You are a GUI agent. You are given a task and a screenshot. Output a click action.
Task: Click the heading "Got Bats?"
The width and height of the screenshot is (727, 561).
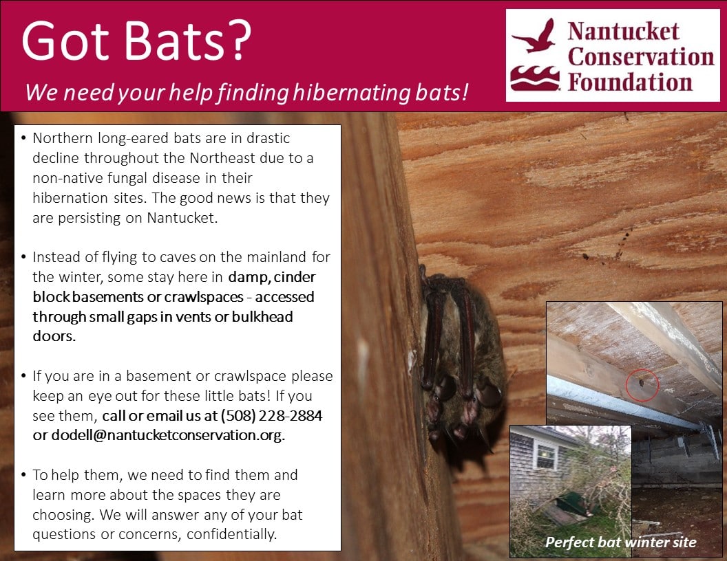click(x=136, y=41)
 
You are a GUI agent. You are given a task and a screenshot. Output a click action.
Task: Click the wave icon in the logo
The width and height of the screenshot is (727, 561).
click(x=535, y=78)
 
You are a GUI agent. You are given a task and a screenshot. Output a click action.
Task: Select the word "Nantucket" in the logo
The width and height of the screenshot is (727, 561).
click(x=624, y=32)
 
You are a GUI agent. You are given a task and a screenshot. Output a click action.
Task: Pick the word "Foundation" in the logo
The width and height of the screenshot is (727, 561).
click(x=630, y=82)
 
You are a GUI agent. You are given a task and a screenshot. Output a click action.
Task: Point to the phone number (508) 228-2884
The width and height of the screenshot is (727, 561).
click(x=271, y=416)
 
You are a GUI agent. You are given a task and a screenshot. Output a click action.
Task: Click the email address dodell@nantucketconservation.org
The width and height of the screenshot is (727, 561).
click(x=167, y=435)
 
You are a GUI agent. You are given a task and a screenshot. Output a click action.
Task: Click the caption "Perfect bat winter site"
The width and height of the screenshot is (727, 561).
click(x=621, y=542)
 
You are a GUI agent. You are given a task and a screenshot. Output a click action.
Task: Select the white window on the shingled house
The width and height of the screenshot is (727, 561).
click(x=546, y=454)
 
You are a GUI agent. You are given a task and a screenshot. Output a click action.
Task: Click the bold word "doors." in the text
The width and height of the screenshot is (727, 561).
click(x=54, y=336)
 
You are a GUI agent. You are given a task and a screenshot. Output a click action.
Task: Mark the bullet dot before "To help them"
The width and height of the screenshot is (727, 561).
click(x=23, y=474)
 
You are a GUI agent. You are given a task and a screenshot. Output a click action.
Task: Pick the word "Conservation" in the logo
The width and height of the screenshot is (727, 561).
click(x=641, y=57)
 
